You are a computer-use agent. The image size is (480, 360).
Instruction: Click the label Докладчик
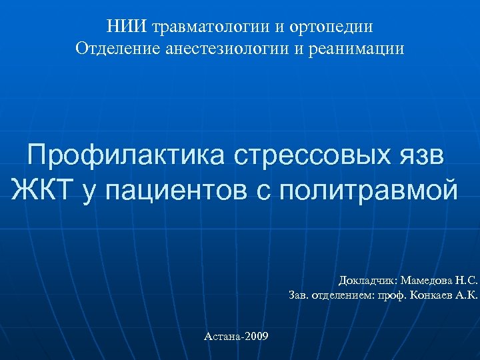368,280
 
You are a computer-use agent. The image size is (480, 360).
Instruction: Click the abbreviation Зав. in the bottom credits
299,294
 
